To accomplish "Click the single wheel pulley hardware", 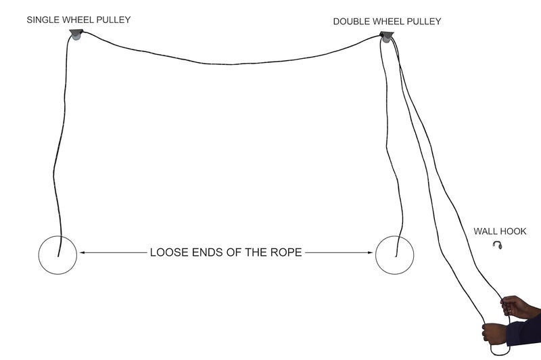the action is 76,35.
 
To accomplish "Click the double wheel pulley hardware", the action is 386,37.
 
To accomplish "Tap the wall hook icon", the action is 497,245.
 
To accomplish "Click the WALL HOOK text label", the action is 500,231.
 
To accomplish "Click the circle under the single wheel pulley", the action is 39,255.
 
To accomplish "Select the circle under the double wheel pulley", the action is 375,255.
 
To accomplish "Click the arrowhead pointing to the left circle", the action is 83,252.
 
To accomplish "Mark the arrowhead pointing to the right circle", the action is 370,252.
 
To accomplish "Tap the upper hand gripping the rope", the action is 517,307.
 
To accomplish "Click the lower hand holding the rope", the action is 495,334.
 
